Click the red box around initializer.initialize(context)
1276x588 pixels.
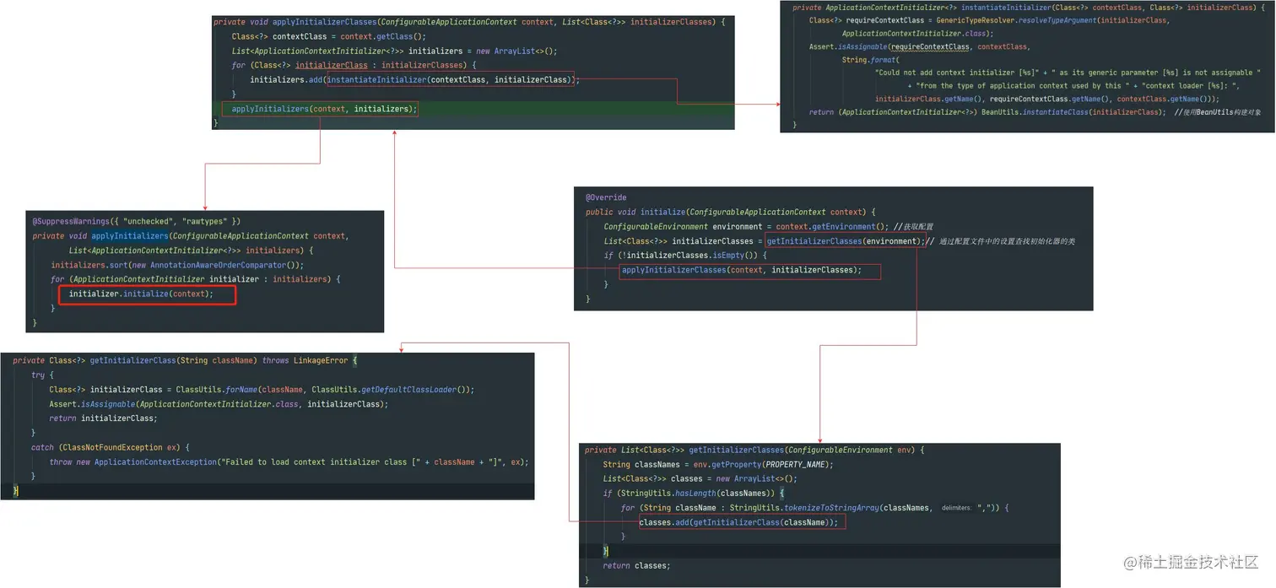pos(147,294)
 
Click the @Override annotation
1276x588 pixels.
pos(606,197)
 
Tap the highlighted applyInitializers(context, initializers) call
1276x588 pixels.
pos(320,109)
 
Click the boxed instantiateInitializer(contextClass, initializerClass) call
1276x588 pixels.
pos(449,79)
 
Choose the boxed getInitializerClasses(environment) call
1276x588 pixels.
pos(845,241)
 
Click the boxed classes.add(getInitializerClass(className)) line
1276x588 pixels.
pos(741,522)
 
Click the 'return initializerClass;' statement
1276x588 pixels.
pos(103,418)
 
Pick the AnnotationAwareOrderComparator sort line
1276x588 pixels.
pos(177,265)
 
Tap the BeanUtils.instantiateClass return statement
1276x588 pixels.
pos(987,112)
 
